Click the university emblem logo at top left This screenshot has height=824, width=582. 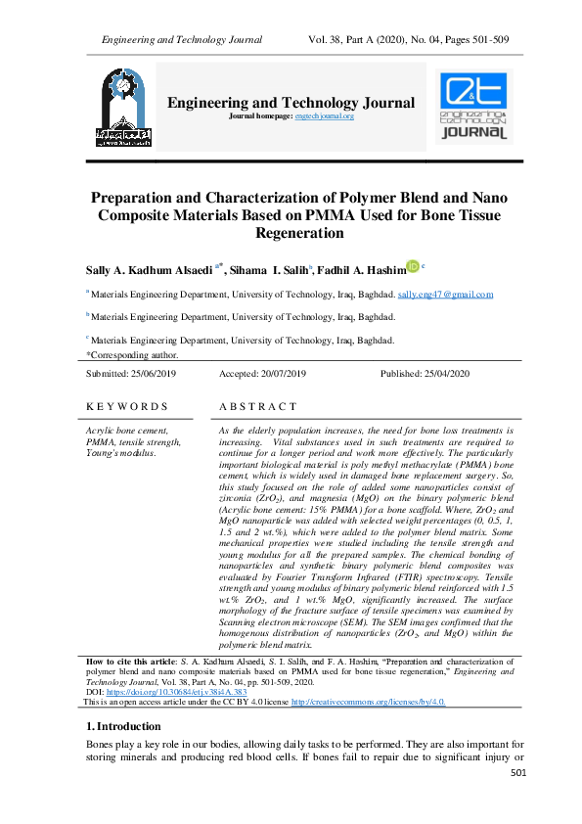123,109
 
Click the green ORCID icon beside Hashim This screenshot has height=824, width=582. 412,265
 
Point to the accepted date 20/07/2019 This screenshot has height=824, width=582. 277,374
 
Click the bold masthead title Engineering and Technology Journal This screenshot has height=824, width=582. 291,103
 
